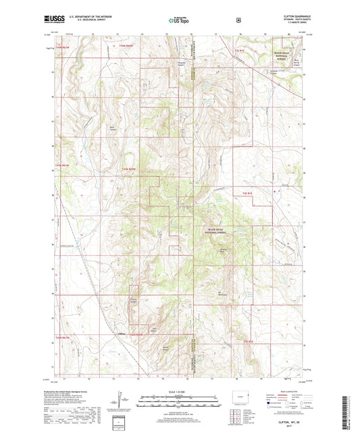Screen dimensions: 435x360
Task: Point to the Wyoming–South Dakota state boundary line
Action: (195, 203)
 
